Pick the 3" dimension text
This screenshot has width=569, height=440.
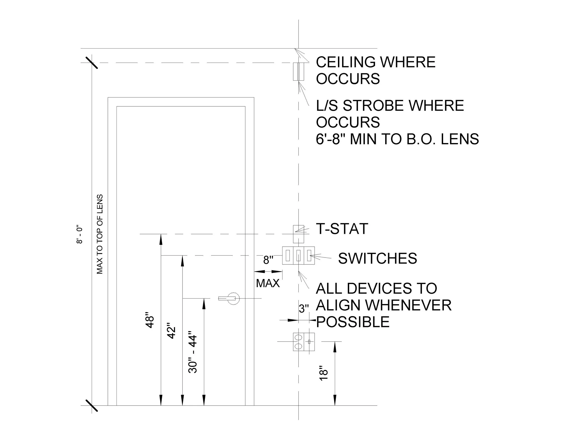304,309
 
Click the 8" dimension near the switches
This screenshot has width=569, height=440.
268,260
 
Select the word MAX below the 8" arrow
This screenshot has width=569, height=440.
268,283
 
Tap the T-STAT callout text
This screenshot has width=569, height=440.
342,229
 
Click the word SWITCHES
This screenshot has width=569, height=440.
378,258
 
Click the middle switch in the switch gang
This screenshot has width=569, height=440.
298,256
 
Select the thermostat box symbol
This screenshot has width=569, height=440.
298,234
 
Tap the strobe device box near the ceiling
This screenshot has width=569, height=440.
298,72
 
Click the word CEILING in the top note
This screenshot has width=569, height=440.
346,62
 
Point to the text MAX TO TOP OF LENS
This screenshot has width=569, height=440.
100,234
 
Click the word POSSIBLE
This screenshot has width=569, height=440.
353,322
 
